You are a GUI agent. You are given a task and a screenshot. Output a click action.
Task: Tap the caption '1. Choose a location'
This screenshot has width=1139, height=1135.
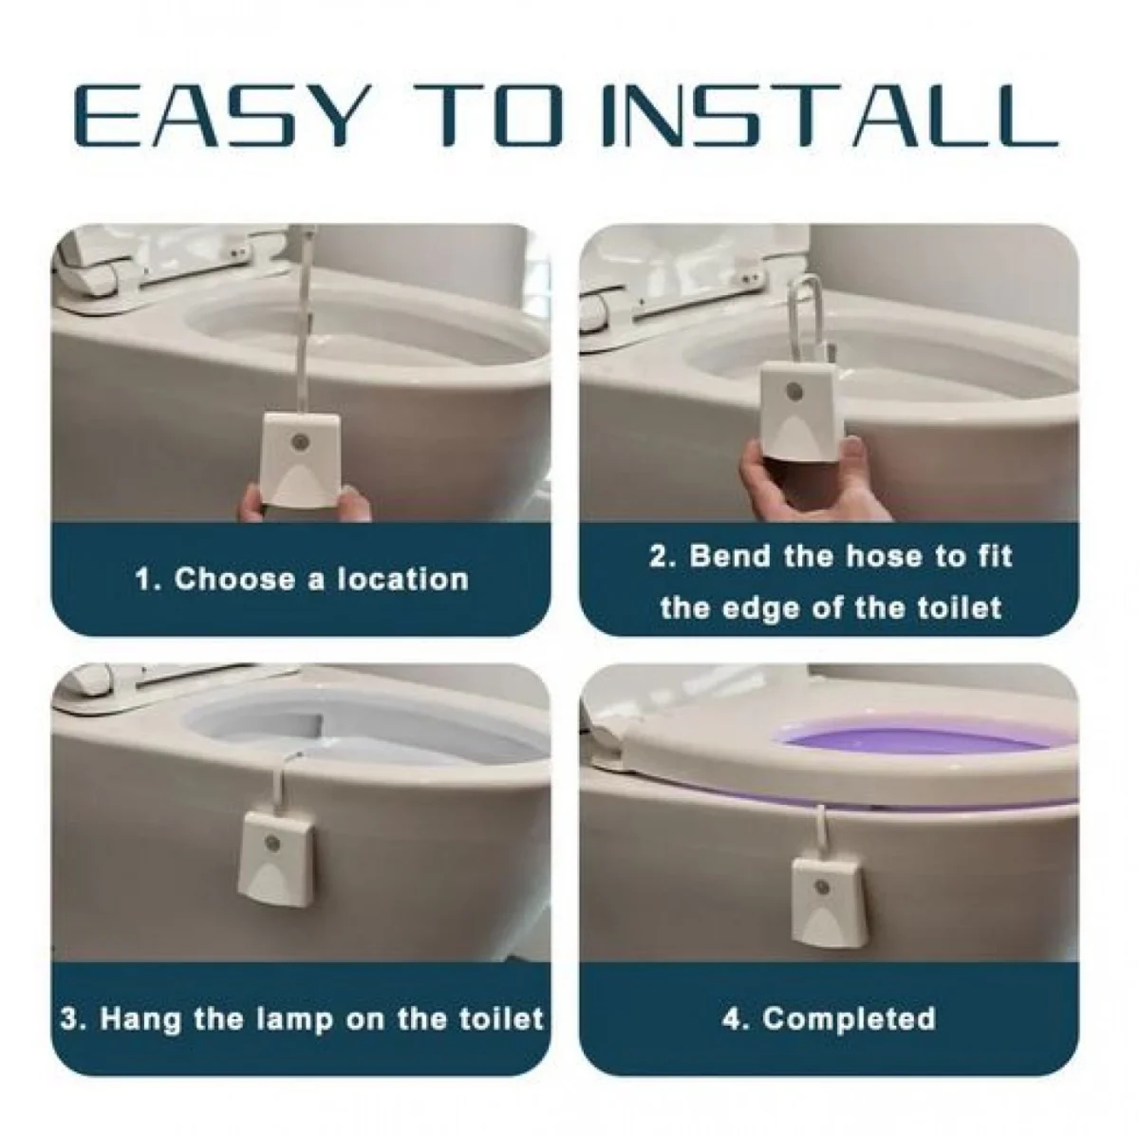tap(302, 579)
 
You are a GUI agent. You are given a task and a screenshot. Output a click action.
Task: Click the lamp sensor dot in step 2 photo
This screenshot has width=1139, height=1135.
tap(794, 391)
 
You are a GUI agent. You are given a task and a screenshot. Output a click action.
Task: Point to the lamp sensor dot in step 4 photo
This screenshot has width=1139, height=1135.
tap(821, 887)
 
